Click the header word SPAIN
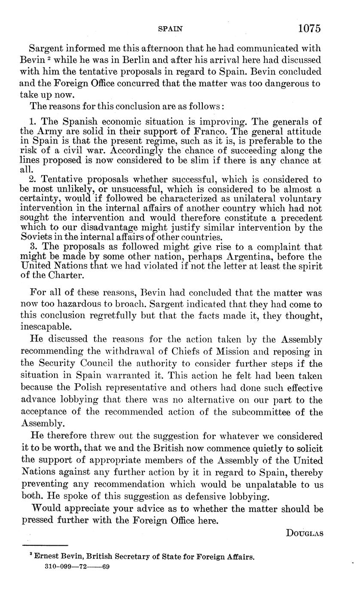click(x=171, y=29)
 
